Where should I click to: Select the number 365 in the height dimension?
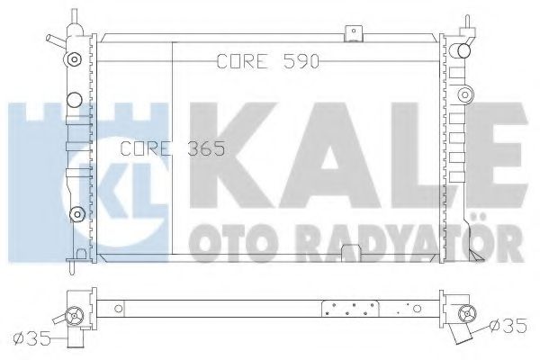[x=206, y=148]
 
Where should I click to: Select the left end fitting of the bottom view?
[x=71, y=315]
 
